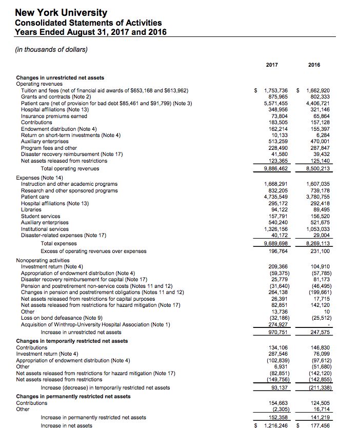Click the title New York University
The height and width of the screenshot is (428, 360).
[x=61, y=13]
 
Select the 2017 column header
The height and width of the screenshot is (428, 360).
[x=272, y=65]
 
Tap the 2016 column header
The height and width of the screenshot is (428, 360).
[x=314, y=65]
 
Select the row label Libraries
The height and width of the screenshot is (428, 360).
[x=31, y=209]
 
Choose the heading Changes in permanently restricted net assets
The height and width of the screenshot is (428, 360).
[x=73, y=396]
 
